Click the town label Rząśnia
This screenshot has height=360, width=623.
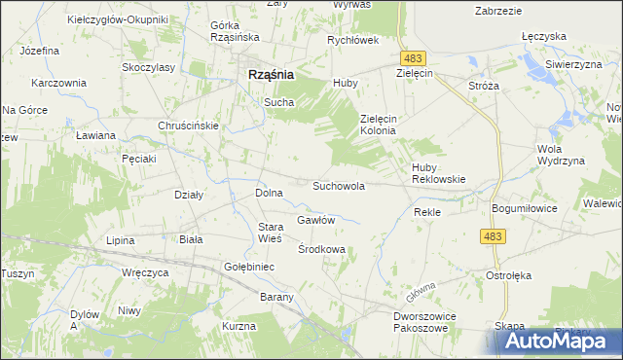(265, 74)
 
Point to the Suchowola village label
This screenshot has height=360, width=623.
(338, 185)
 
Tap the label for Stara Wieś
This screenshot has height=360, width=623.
(269, 233)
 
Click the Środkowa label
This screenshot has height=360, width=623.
(321, 249)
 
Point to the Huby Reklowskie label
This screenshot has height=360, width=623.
(439, 173)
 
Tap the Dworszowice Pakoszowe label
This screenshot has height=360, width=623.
(424, 322)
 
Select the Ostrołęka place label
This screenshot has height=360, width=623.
(508, 275)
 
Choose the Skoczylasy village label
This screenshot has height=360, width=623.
(148, 67)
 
